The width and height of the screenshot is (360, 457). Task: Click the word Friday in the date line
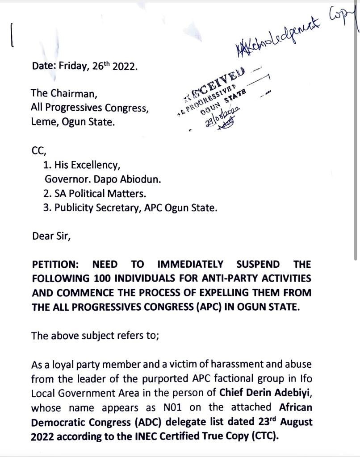74,66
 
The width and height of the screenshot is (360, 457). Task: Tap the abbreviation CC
38,150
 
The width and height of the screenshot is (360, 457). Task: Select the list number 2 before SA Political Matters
46,194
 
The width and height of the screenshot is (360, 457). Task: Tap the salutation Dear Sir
51,236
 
